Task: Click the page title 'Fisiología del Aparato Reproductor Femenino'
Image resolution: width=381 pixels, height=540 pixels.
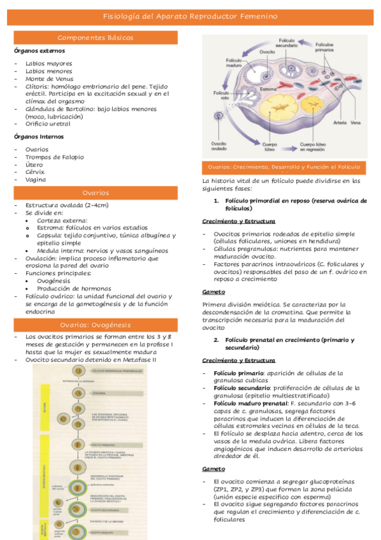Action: click(x=190, y=17)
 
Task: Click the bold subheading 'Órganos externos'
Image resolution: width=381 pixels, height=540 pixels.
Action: click(x=39, y=50)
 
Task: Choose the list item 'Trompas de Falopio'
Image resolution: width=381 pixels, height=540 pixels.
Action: click(x=54, y=157)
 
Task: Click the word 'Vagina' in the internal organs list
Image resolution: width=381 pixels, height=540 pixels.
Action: click(x=35, y=180)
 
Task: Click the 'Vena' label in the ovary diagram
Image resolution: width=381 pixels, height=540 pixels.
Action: click(x=356, y=123)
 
